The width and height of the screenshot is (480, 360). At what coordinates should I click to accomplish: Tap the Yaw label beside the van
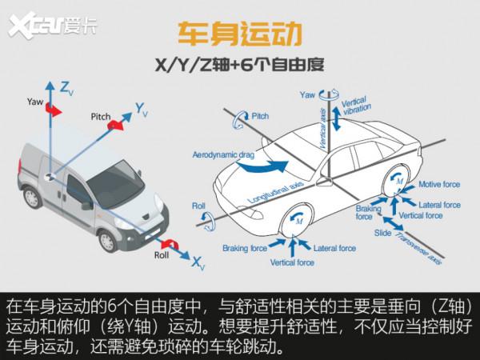click(34, 102)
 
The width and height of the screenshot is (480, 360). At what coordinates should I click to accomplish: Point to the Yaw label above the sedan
click(307, 94)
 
